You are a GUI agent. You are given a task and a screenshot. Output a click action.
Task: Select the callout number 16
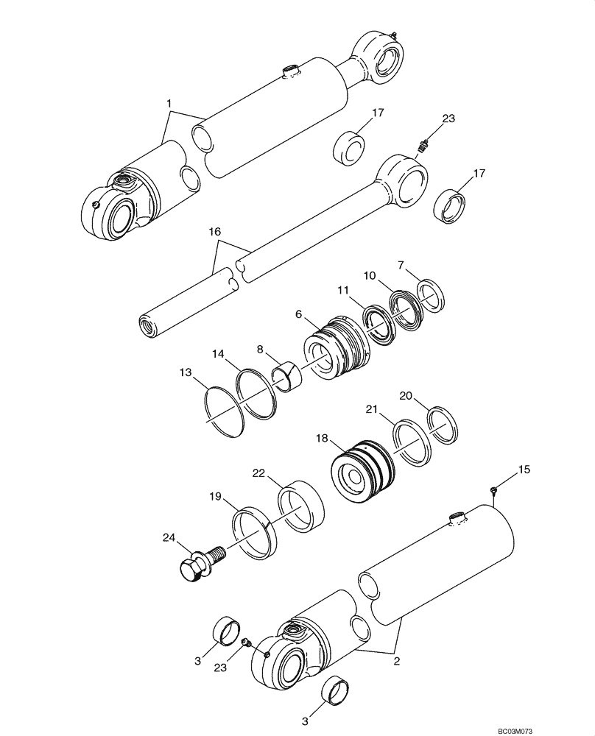coord(214,231)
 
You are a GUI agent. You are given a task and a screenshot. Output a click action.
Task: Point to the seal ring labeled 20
coord(444,425)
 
